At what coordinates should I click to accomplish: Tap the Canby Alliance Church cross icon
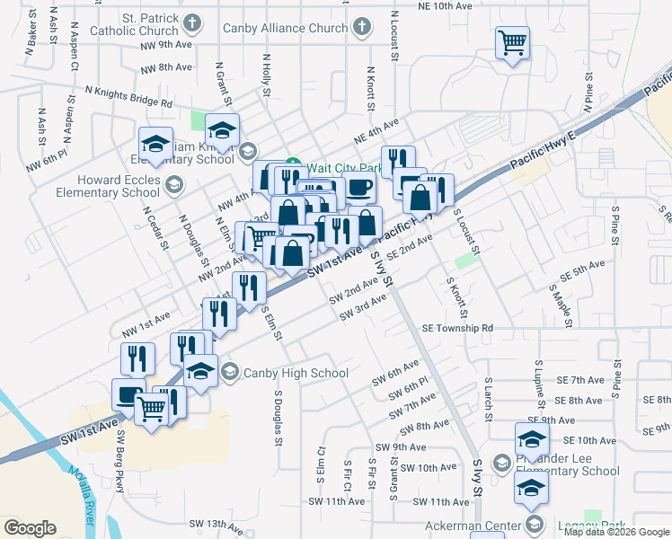359,28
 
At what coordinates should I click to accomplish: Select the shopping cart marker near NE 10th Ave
512,41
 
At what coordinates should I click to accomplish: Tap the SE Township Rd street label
457,329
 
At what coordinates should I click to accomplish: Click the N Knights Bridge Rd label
128,96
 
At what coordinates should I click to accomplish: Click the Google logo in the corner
31,528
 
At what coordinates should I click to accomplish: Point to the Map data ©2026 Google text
616,532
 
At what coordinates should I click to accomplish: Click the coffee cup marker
360,188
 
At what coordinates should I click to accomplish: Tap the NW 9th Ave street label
165,44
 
